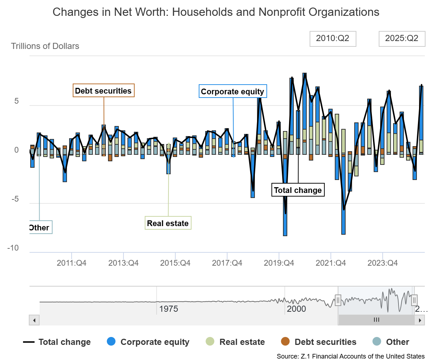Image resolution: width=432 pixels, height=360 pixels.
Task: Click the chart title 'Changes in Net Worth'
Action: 216,12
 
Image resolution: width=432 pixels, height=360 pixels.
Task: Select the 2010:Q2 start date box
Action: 333,39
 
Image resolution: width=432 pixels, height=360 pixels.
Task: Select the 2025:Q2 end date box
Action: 401,39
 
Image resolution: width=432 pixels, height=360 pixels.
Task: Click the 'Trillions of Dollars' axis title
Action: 45,46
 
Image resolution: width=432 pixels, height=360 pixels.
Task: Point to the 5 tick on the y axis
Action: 17,101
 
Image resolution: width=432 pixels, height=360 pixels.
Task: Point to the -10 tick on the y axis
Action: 14,248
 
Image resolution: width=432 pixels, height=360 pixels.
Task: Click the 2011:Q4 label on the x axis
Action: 72,263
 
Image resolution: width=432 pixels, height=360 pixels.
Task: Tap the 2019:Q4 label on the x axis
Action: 279,263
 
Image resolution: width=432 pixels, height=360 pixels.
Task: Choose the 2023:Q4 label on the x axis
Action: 382,263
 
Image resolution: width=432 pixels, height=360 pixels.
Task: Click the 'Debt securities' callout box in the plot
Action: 104,91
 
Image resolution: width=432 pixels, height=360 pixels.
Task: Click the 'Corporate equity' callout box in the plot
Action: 233,91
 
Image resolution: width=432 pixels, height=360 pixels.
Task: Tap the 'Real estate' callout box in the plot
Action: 168,223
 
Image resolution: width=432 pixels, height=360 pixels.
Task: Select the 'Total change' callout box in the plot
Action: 298,190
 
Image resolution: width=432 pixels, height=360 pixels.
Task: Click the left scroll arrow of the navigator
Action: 34,320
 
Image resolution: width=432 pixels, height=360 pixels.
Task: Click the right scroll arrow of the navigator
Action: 419,320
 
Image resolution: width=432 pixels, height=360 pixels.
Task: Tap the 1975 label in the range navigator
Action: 169,309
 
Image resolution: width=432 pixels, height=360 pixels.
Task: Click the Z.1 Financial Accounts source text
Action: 351,356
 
